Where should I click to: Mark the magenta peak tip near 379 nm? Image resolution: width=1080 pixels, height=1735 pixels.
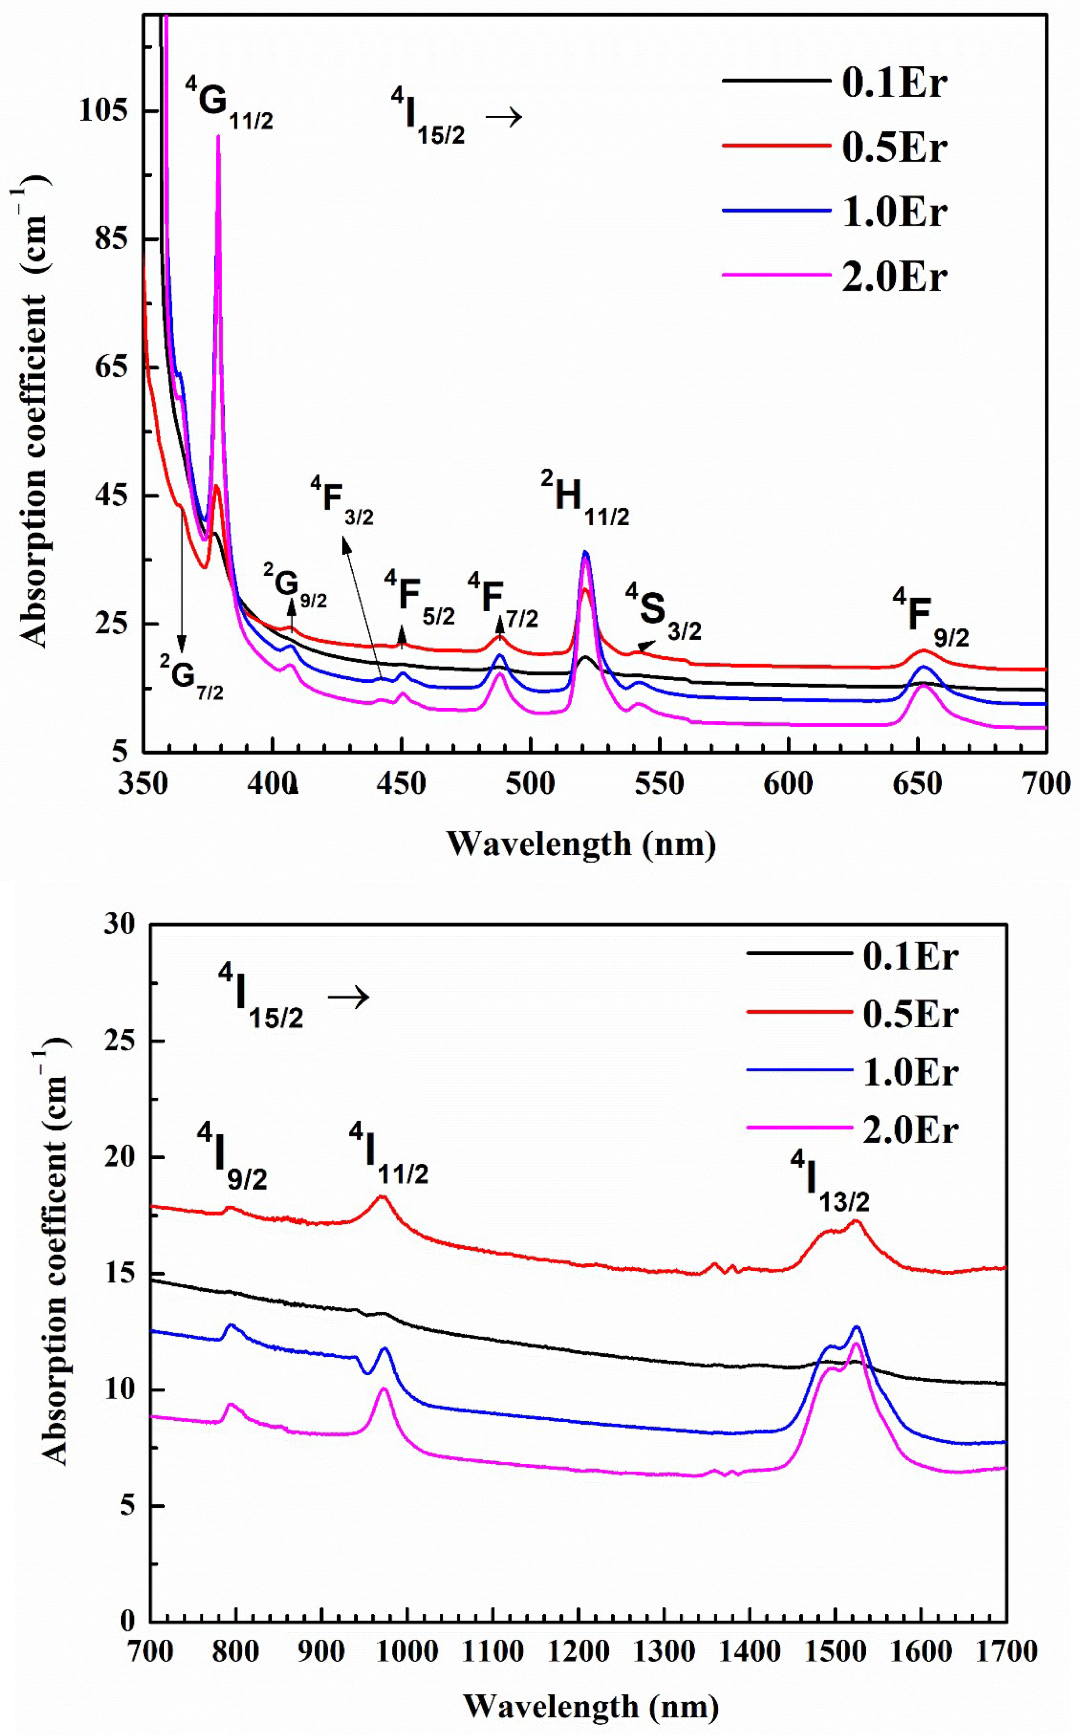(218, 136)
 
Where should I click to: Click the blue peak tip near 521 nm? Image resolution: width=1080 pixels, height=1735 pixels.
(586, 552)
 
